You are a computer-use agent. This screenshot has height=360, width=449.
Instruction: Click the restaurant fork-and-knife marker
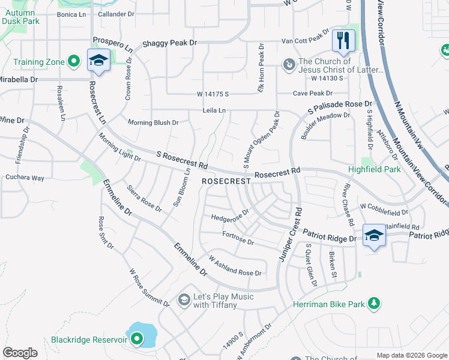tap(343, 41)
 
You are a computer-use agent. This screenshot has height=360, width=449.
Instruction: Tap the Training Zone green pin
tap(74, 61)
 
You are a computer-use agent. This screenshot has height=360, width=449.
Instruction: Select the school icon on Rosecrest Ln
tap(98, 60)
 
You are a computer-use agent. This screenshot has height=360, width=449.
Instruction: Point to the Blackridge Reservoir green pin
tap(137, 340)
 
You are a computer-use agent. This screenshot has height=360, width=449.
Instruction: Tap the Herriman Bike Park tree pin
tap(375, 304)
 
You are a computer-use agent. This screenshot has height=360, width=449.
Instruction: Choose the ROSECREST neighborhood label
tap(225, 181)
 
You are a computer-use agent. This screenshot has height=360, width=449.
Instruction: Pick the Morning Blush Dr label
tap(153, 122)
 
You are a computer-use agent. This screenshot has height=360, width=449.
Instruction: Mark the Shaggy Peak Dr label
tap(169, 44)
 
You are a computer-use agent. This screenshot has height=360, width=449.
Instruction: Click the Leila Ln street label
tap(214, 110)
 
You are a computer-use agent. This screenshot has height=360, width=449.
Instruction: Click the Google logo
tap(20, 353)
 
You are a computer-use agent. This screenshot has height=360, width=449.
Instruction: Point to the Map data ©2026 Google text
tap(411, 355)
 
